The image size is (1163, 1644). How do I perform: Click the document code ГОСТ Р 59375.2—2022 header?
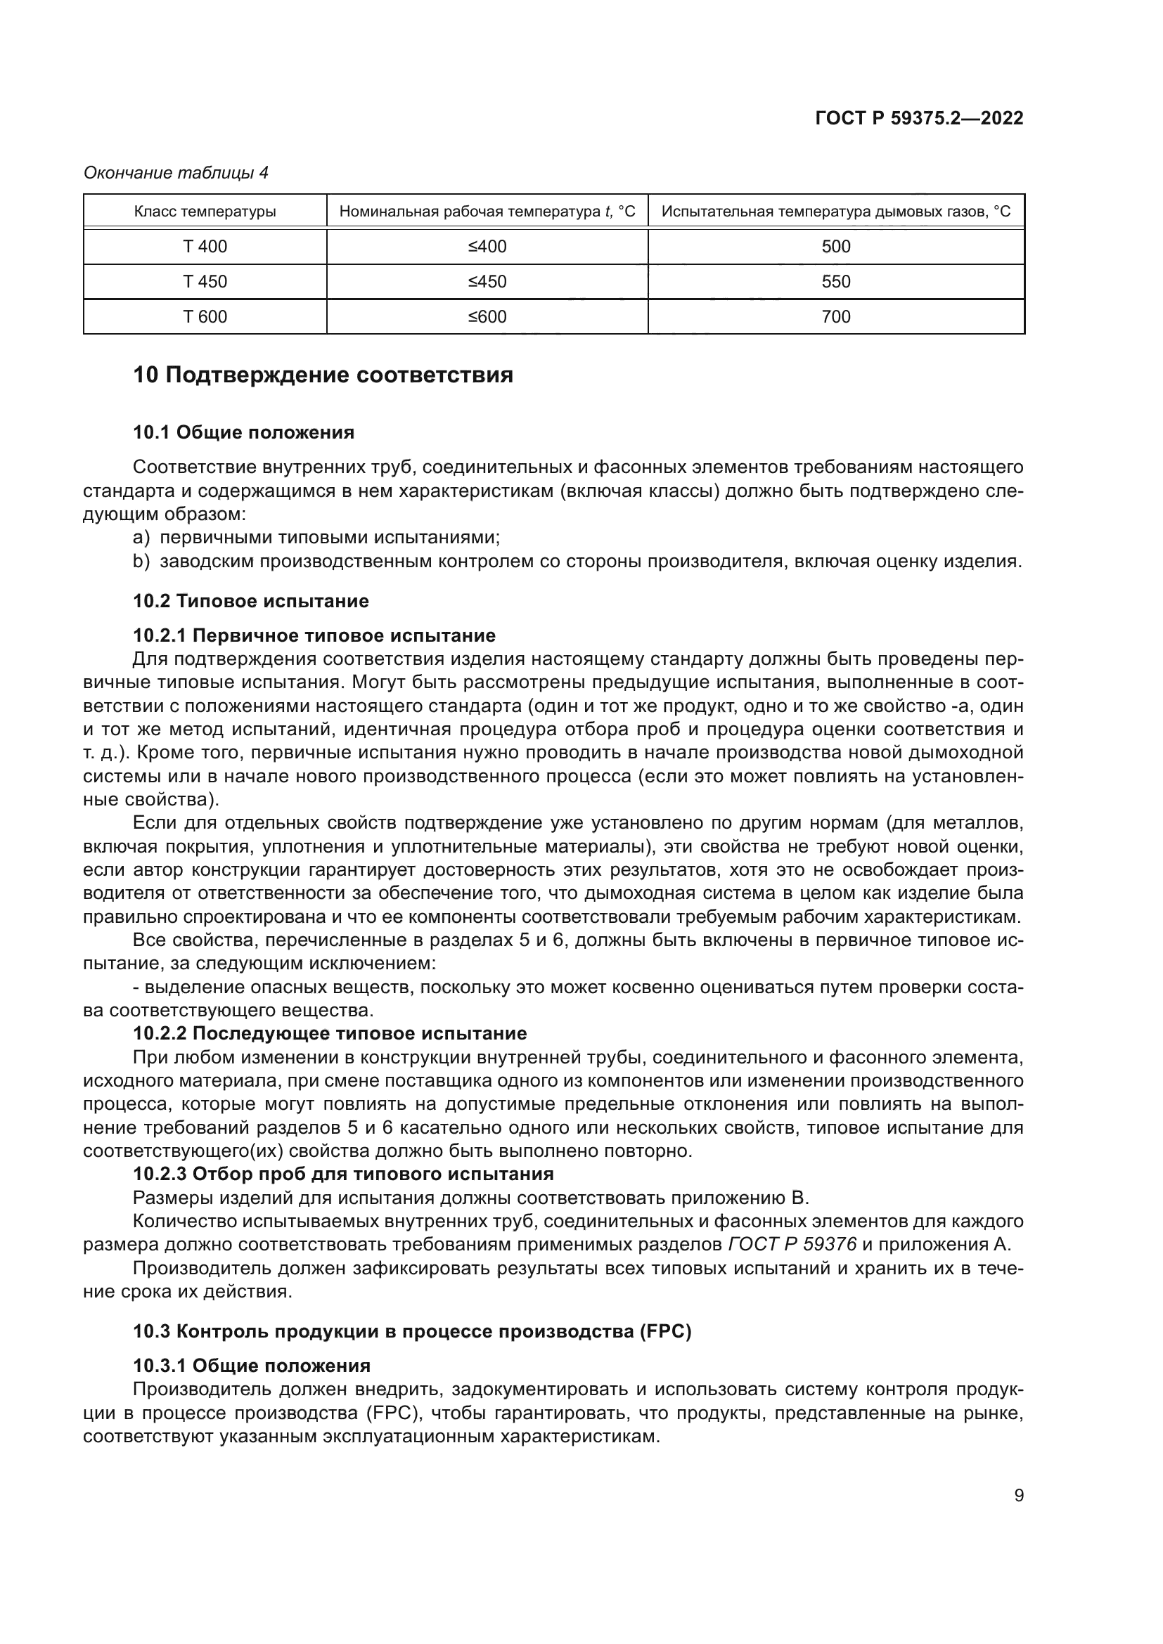[919, 119]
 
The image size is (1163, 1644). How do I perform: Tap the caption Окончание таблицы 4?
[176, 173]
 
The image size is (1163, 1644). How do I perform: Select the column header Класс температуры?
[205, 212]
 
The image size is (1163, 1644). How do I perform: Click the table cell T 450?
[205, 281]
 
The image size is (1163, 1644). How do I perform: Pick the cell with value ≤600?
[487, 316]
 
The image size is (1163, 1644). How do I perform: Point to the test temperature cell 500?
[836, 246]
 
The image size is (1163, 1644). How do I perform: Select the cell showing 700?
[836, 316]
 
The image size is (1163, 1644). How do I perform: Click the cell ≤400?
[487, 246]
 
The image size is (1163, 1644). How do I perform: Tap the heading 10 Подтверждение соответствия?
[323, 375]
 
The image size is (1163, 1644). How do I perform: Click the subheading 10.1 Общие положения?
[243, 432]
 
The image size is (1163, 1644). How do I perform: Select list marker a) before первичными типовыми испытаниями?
[141, 538]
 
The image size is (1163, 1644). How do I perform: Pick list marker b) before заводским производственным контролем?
[141, 562]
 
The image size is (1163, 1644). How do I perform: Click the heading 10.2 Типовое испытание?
[250, 601]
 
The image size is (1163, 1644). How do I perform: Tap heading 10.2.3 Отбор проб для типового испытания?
[343, 1174]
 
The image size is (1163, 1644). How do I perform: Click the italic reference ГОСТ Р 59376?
[792, 1245]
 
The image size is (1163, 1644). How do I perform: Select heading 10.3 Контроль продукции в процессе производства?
[412, 1332]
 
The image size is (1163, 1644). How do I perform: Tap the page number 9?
[1018, 1496]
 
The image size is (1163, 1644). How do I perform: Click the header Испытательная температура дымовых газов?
[836, 212]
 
